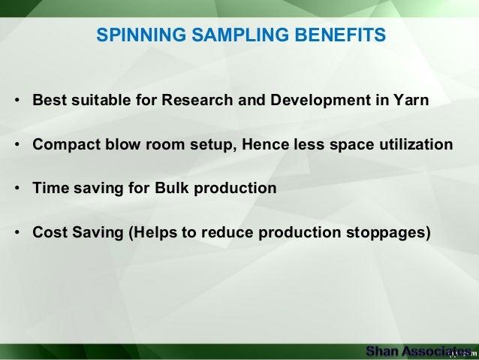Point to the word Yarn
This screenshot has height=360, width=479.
(411, 101)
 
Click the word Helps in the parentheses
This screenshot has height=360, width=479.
(153, 231)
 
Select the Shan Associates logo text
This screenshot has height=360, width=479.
(417, 351)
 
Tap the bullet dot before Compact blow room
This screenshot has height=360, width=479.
(17, 145)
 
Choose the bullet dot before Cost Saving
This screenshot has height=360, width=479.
(17, 232)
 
